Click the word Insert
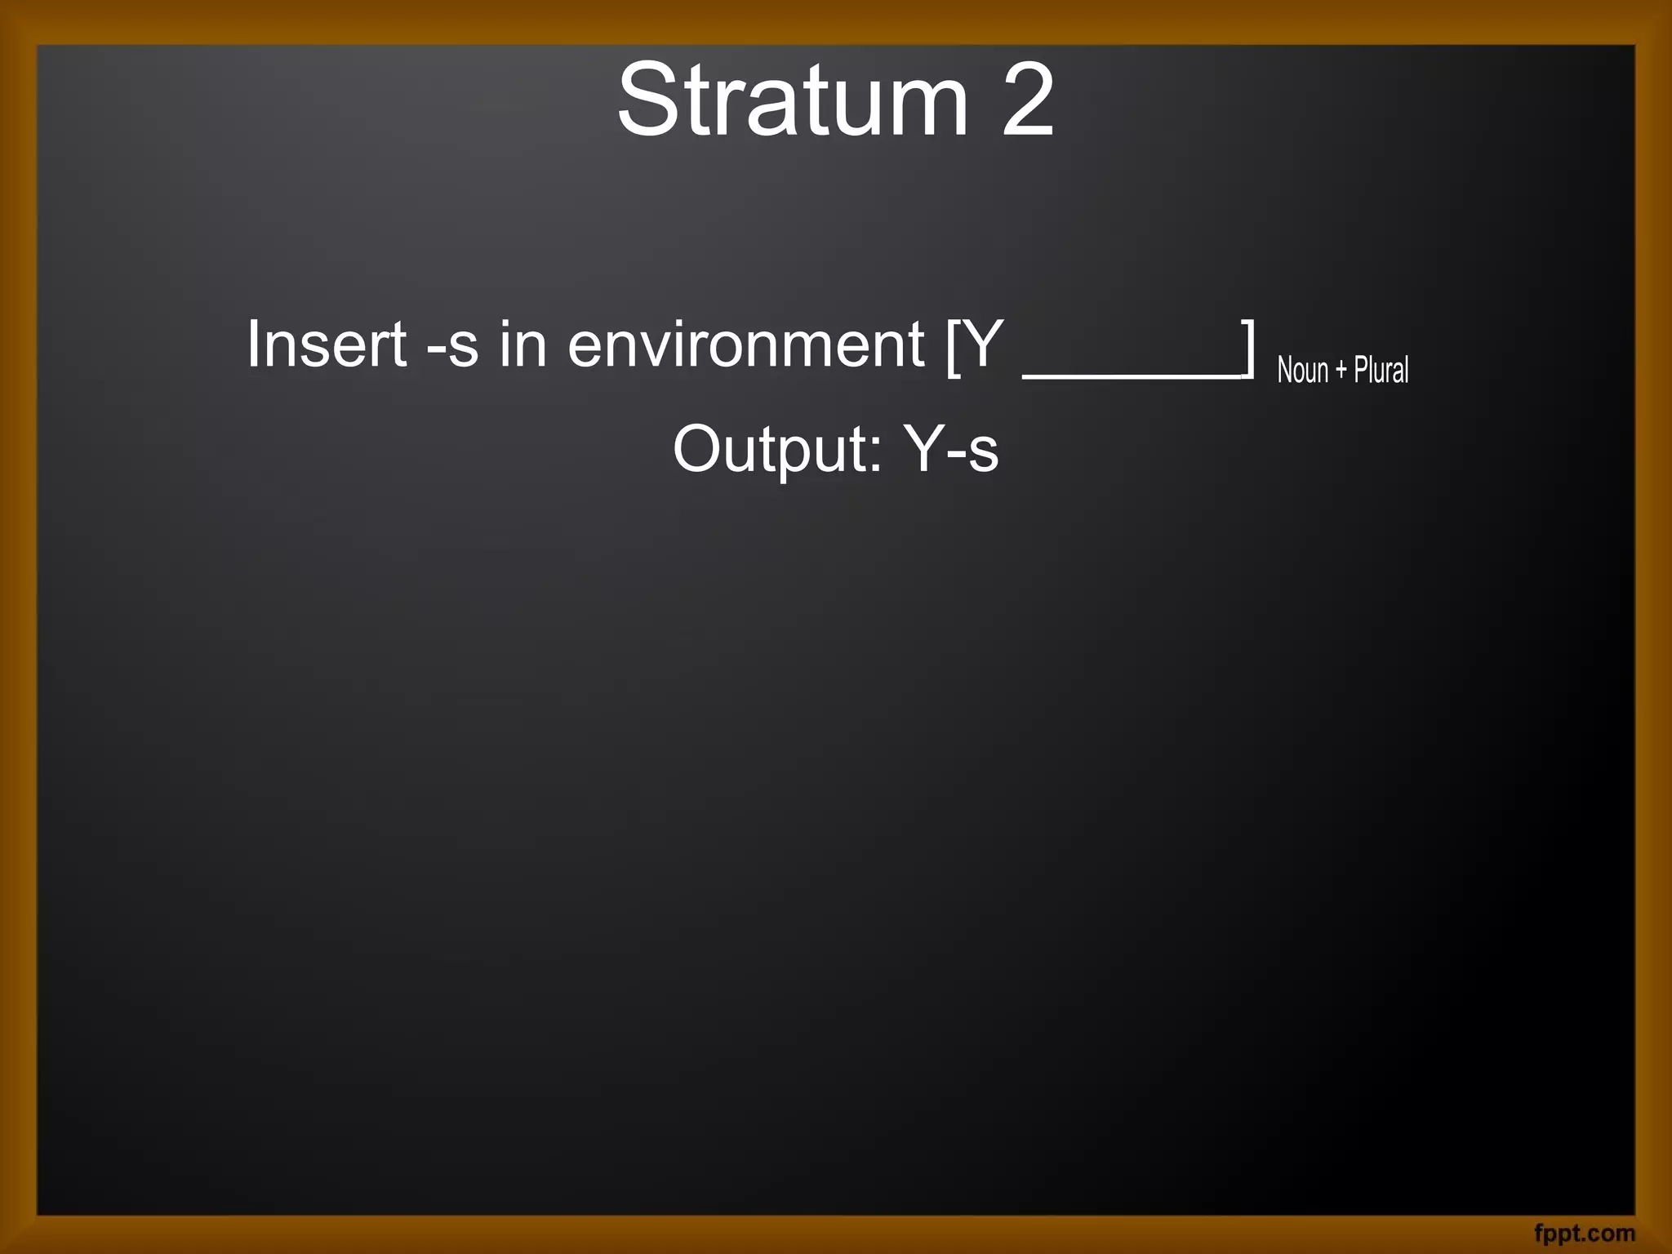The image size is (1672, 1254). [x=327, y=345]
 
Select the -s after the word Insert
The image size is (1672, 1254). [x=453, y=346]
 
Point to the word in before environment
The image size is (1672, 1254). [x=522, y=345]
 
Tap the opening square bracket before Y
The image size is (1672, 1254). [x=953, y=348]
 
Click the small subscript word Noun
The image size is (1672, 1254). [x=1303, y=371]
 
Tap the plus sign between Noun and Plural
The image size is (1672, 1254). [x=1341, y=371]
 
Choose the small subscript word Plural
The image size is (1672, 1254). [x=1381, y=370]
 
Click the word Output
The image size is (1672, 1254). [x=776, y=449]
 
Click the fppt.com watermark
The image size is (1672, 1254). [x=1584, y=1233]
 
